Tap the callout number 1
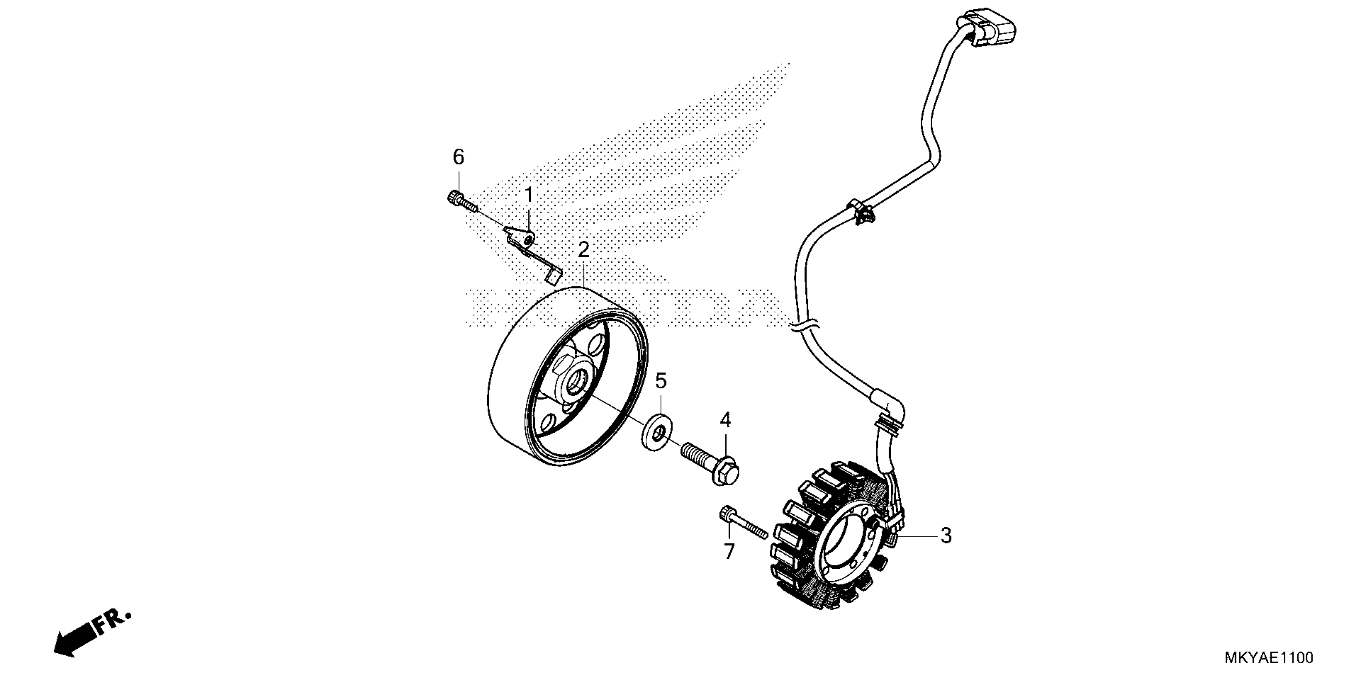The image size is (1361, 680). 528,195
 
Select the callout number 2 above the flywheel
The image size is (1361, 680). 583,250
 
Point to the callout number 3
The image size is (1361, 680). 946,535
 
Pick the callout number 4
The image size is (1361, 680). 725,420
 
